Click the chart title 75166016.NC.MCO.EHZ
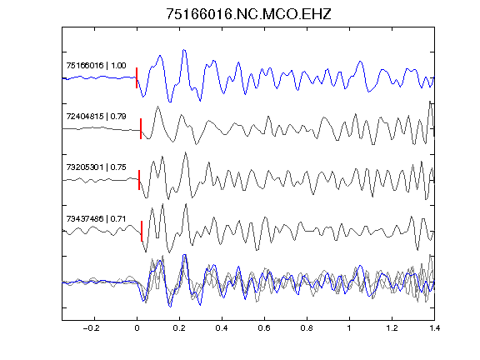pyautogui.click(x=248, y=14)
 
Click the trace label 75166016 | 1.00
pyautogui.click(x=96, y=66)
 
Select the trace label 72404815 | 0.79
pyautogui.click(x=96, y=117)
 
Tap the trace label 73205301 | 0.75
pyautogui.click(x=96, y=167)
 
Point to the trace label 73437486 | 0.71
pyautogui.click(x=96, y=218)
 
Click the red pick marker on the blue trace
pyautogui.click(x=137, y=77)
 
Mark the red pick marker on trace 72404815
pyautogui.click(x=141, y=128)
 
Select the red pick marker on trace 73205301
pyautogui.click(x=139, y=180)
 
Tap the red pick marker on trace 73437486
pyautogui.click(x=142, y=231)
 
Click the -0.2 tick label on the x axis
pyautogui.click(x=92, y=328)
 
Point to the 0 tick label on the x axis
pyautogui.click(x=137, y=328)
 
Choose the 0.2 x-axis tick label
pyautogui.click(x=179, y=328)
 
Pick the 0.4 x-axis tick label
pyautogui.click(x=222, y=328)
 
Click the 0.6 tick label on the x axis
pyautogui.click(x=264, y=328)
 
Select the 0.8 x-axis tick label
pyautogui.click(x=307, y=328)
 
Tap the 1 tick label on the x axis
pyautogui.click(x=349, y=328)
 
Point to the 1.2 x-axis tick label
pyautogui.click(x=392, y=328)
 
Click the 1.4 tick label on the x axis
pyautogui.click(x=434, y=328)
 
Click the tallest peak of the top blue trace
pyautogui.click(x=184, y=50)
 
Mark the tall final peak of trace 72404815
pyautogui.click(x=430, y=102)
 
